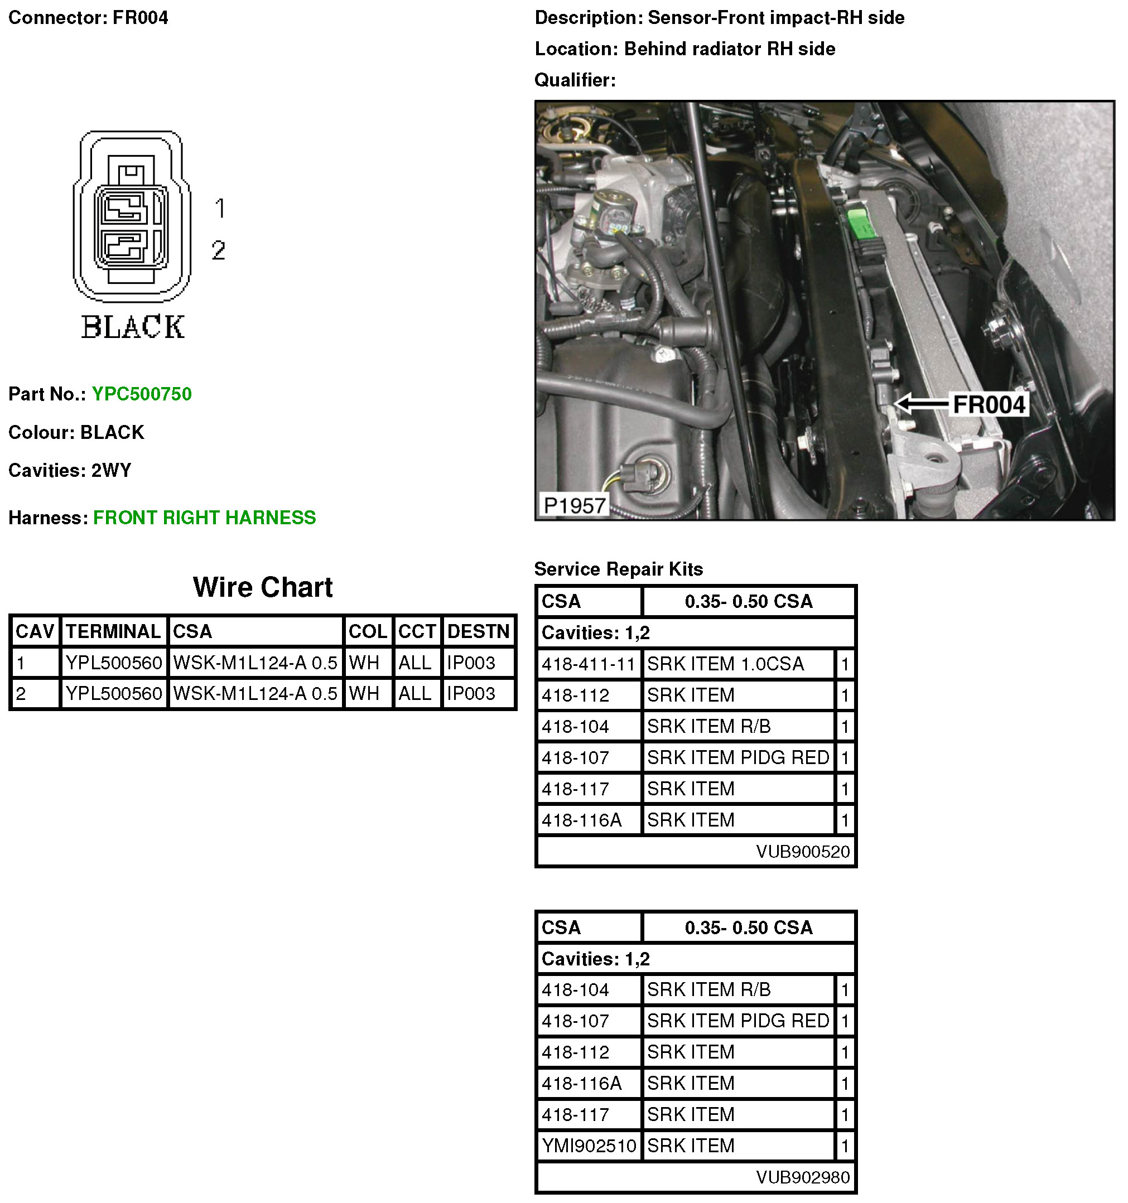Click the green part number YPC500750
coord(142,394)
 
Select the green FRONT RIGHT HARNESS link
coord(204,518)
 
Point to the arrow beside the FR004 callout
coord(922,404)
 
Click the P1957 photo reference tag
coord(573,505)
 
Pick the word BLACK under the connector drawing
coord(133,327)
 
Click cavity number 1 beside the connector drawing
coord(220,208)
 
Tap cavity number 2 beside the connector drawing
coord(219,250)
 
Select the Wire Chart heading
coord(263,587)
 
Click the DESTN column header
coord(478,631)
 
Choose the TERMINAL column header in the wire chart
coord(113,631)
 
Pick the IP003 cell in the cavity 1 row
coord(471,663)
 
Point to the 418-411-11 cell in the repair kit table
coord(588,664)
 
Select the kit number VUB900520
coord(802,852)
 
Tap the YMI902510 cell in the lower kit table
coord(588,1146)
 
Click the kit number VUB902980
coord(802,1177)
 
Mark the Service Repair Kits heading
coord(619,569)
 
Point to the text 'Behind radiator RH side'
coord(729,49)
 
